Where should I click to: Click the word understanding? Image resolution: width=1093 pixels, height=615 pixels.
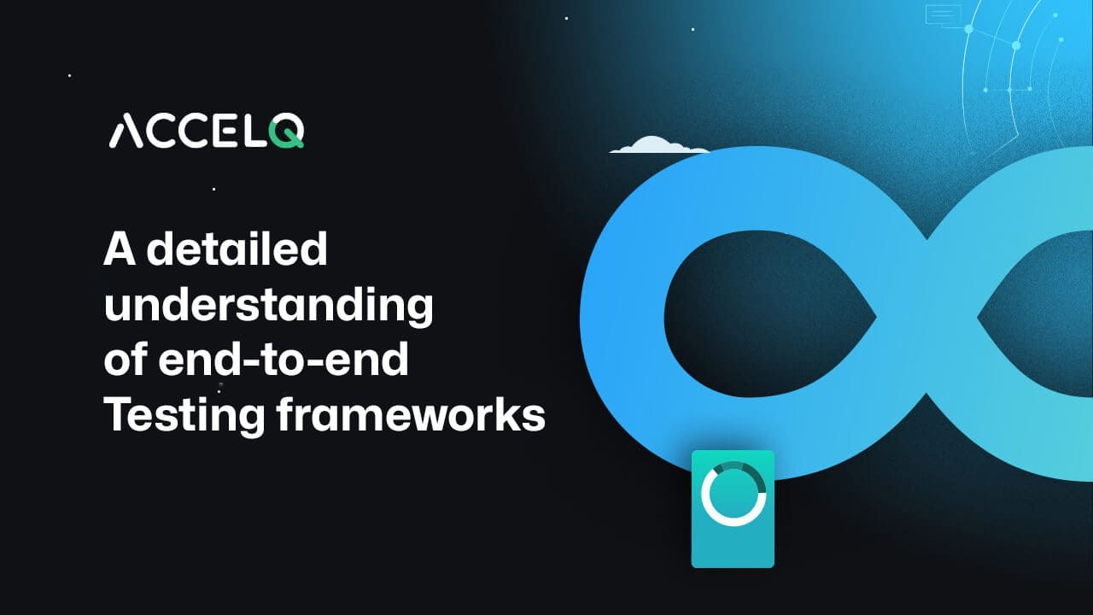268,306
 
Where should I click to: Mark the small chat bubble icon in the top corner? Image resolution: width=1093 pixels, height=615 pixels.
939,15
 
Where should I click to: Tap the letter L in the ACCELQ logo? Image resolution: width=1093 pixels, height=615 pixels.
255,132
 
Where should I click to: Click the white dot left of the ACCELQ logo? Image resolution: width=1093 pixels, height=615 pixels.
69,75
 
